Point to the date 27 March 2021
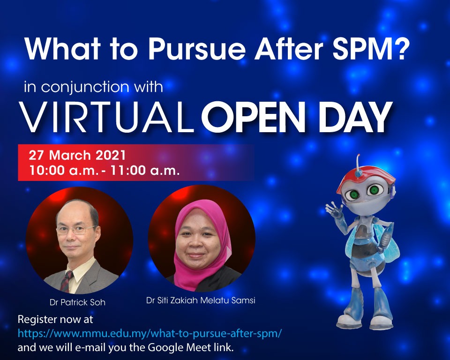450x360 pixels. coord(77,155)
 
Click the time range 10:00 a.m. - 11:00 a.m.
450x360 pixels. coord(105,170)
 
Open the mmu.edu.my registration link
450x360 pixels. coord(150,333)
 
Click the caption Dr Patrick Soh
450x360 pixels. coord(77,302)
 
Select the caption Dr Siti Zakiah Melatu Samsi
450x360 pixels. coord(201,300)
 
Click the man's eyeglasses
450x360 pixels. coord(76,230)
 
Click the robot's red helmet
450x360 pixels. coord(366,180)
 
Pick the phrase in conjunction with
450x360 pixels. coord(94,87)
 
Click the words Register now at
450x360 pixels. coord(55,320)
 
